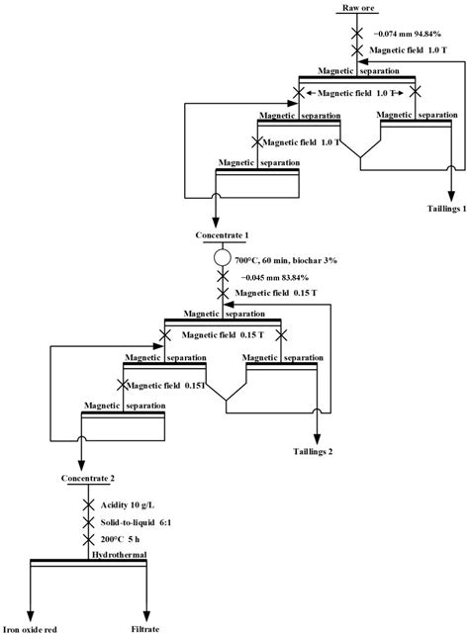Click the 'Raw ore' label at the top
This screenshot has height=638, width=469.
(x=358, y=8)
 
